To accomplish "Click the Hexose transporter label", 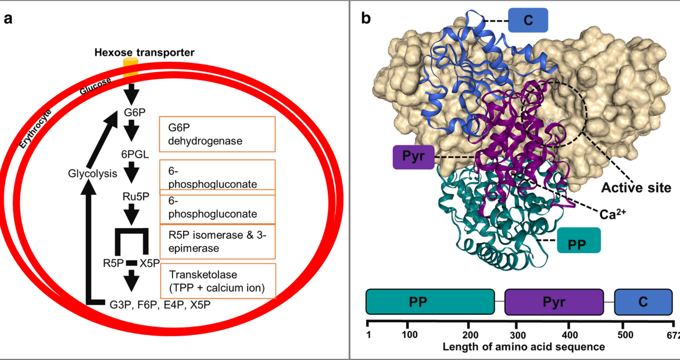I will pyautogui.click(x=145, y=53).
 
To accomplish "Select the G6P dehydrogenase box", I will pyautogui.click(x=217, y=134).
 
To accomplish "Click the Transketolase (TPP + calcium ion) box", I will pyautogui.click(x=217, y=281).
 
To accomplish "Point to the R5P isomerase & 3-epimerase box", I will pyautogui.click(x=217, y=241).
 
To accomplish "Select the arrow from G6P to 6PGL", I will pyautogui.click(x=132, y=130).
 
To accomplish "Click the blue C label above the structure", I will pyautogui.click(x=528, y=20).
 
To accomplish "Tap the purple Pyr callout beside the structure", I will pyautogui.click(x=413, y=157).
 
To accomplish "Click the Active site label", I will pyautogui.click(x=635, y=188).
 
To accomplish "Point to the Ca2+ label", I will pyautogui.click(x=615, y=215).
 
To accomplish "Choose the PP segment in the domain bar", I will pyautogui.click(x=430, y=302).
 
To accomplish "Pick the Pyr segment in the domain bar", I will pyautogui.click(x=554, y=302).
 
